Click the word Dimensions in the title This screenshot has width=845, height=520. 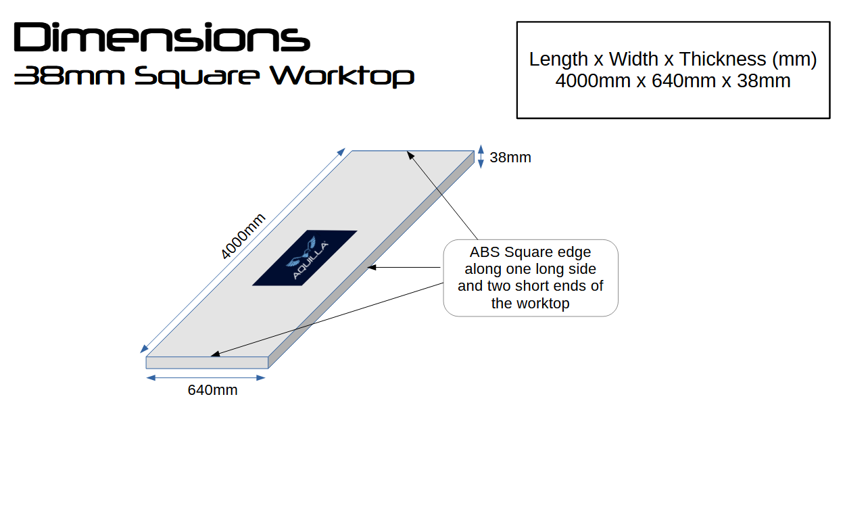[x=162, y=37]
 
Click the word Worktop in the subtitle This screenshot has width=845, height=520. [x=342, y=76]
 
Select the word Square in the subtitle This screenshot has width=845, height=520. [x=197, y=76]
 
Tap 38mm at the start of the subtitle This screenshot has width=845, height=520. [x=70, y=76]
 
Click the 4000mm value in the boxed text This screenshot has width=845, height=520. [x=593, y=80]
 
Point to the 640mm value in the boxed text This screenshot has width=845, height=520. [x=683, y=80]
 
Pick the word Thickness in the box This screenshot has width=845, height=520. [x=723, y=60]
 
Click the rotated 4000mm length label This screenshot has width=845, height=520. [x=243, y=236]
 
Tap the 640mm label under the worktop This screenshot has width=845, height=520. [x=213, y=390]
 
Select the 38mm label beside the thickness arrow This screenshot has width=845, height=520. [x=510, y=158]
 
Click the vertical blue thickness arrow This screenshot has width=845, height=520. [x=481, y=156]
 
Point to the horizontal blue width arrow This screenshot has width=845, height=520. [x=206, y=378]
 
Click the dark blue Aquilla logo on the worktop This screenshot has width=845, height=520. [x=304, y=258]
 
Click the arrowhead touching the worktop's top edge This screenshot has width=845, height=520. [x=410, y=154]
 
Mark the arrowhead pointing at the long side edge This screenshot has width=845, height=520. [x=372, y=268]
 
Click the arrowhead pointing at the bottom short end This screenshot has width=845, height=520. [x=215, y=354]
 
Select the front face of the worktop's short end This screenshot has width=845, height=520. [x=207, y=362]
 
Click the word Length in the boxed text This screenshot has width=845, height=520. [x=558, y=60]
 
